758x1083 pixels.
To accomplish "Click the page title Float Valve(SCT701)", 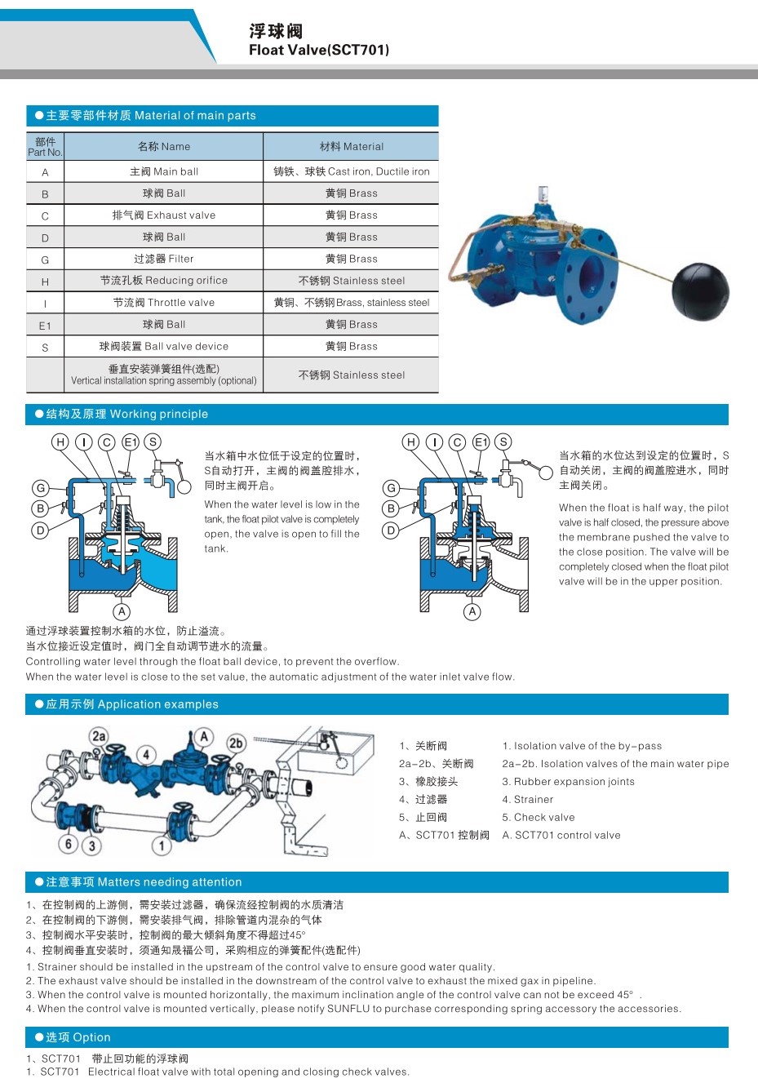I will pos(318,50).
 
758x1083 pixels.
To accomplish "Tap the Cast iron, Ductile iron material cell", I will pos(351,171).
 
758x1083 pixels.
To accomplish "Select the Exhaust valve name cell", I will pos(164,215).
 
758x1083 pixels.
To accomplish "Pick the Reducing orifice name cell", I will pos(164,281).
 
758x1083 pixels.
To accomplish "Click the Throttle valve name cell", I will pos(164,303).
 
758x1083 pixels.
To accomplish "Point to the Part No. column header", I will pos(45,147).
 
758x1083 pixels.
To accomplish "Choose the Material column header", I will pos(351,147).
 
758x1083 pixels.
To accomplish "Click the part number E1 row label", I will pos(45,326).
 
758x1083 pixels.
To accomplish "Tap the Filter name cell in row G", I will pos(164,259).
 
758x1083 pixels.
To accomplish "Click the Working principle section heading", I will pos(126,414).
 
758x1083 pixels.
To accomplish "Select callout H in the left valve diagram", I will pos(60,442).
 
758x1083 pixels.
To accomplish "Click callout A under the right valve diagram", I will pos(472,611).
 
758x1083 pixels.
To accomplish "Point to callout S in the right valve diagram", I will pos(503,442).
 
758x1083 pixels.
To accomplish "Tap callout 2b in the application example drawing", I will pos(236,743).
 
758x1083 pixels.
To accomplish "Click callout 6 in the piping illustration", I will pos(69,844).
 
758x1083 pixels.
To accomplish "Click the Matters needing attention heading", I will pos(144,882).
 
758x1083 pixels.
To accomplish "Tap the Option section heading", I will pos(78,1037).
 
